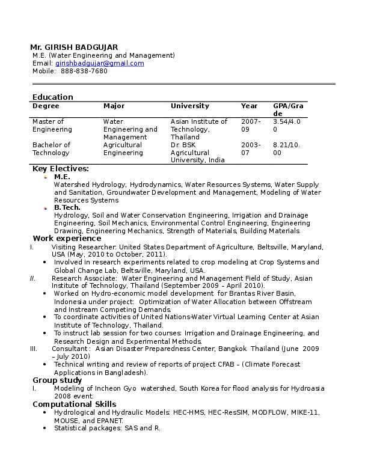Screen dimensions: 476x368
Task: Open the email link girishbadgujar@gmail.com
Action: [99, 63]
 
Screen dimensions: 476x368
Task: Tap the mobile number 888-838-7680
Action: [84, 71]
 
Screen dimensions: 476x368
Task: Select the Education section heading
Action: [53, 97]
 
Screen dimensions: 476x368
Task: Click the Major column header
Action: [114, 106]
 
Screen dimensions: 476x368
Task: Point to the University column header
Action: [190, 106]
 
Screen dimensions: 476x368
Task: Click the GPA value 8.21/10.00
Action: [287, 148]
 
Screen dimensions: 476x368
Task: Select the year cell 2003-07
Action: [251, 148]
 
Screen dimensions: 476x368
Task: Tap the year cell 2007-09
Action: [251, 125]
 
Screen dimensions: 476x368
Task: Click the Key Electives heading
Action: [61, 169]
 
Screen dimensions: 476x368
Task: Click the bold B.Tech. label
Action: [67, 207]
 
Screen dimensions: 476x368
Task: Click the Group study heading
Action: [57, 380]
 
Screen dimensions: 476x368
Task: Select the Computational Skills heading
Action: [75, 404]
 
